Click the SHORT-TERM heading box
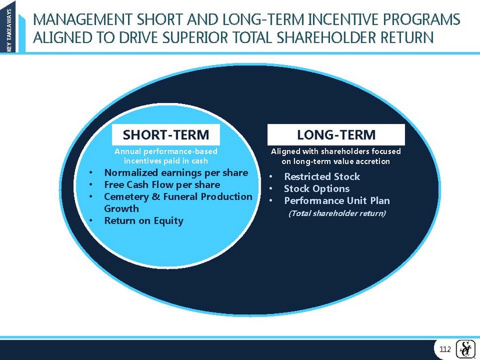coord(166,135)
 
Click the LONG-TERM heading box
coord(336,135)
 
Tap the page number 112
coord(445,350)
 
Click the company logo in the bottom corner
coord(466,349)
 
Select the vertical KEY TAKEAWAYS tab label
coord(9,30)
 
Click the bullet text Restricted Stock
coord(322,177)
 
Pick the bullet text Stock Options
coord(317,188)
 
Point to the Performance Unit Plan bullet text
coord(337,201)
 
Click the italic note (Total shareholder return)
coord(337,213)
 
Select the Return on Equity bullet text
coord(144,221)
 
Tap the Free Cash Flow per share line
coord(162,184)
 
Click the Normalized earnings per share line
coord(176,173)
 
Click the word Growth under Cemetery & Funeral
coord(122,208)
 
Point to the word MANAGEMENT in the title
coord(83,19)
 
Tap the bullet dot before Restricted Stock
coord(271,177)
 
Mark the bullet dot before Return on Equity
coord(91,221)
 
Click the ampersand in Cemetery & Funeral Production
coord(156,197)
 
